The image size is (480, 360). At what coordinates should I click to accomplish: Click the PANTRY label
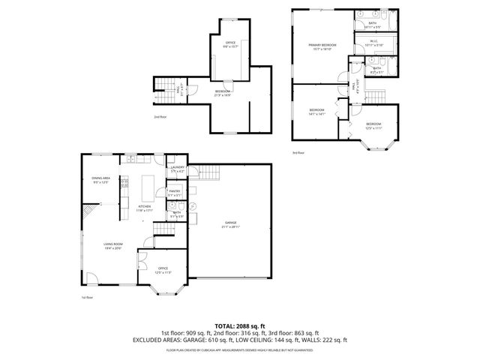pos(175,193)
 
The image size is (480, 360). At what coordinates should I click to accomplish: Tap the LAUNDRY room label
pos(177,169)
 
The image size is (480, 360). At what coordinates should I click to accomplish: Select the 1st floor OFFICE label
pos(162,268)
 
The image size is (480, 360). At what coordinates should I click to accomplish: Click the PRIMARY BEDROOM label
pos(322,47)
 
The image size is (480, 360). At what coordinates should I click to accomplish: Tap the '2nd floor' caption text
pos(160,117)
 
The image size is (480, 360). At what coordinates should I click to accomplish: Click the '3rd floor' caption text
pos(298,152)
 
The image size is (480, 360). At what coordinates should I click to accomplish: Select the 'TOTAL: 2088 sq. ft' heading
pos(240,325)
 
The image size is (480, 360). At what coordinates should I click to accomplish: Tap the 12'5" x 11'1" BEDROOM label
pos(373,125)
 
